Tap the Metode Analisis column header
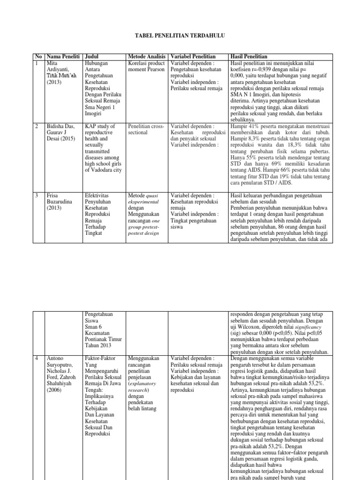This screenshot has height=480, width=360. pos(147,56)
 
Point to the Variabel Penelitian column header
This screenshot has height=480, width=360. pos(193,56)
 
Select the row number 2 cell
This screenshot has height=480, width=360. pos(37,126)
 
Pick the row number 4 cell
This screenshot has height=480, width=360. pos(37,359)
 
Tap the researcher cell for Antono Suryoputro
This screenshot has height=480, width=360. pos(63,378)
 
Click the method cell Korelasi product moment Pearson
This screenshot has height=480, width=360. pos(146,66)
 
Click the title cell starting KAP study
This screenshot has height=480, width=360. pos(103,148)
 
